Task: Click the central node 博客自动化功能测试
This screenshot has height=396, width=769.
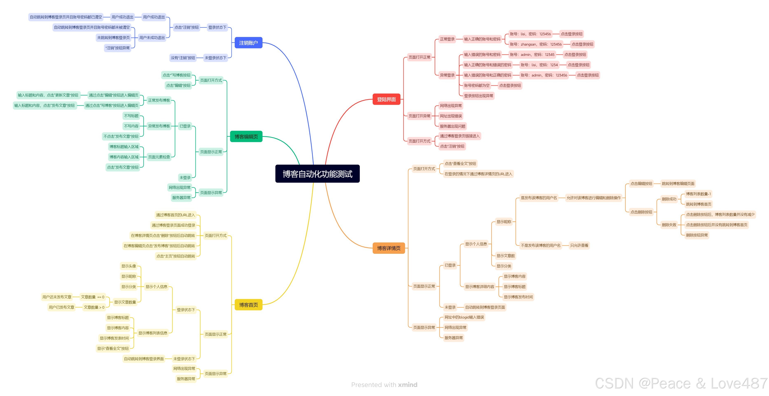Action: tap(317, 174)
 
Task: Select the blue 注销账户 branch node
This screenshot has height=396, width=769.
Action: tap(248, 43)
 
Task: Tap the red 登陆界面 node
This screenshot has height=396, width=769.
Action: tap(386, 99)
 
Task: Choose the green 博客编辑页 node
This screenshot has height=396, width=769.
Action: tap(246, 137)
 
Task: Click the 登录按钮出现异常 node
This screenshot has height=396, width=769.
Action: tap(478, 96)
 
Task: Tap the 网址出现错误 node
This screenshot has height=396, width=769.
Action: tap(450, 116)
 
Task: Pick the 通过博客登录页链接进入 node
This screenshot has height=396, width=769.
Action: tap(459, 136)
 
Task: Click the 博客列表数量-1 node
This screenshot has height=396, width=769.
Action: tap(698, 194)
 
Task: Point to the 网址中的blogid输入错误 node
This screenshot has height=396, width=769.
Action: tap(464, 317)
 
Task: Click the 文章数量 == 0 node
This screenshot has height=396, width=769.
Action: tap(92, 297)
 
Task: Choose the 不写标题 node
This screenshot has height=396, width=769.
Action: tap(131, 116)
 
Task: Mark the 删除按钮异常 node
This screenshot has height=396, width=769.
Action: tap(697, 235)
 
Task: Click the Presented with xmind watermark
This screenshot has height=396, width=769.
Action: tap(384, 385)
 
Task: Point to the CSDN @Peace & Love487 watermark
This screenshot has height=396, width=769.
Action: tap(681, 383)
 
